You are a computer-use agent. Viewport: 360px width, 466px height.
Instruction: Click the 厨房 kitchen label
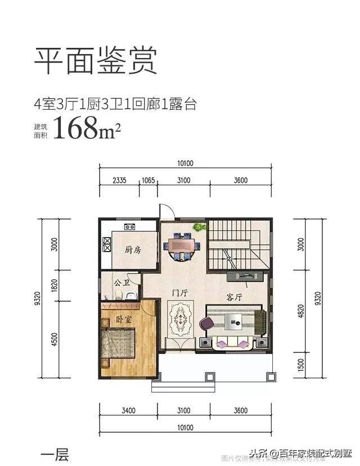click(x=132, y=250)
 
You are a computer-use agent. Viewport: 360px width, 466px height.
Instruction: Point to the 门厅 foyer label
click(x=180, y=293)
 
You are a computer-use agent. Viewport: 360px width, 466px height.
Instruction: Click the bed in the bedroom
click(x=119, y=344)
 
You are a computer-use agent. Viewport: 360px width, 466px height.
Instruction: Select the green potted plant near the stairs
click(x=199, y=227)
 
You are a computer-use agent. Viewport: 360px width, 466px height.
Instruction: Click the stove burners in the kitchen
click(x=130, y=227)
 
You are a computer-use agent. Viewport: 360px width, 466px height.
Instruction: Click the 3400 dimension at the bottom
click(x=128, y=411)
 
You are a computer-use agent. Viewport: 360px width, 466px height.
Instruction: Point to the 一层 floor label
click(x=55, y=454)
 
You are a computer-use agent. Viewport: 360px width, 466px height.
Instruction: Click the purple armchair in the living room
click(x=207, y=324)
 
